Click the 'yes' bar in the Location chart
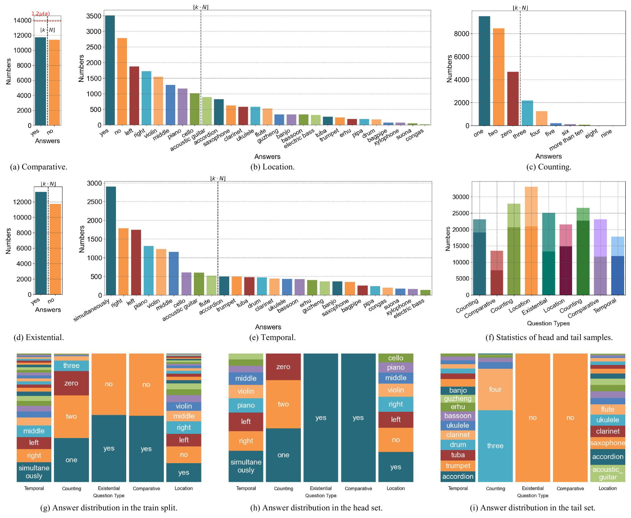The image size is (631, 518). tap(110, 70)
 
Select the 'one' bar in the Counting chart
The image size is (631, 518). tap(484, 71)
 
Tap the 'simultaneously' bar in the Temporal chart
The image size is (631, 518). tap(111, 241)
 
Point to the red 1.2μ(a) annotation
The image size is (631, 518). tap(41, 14)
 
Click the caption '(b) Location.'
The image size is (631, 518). tap(272, 167)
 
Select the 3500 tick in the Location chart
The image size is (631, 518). tap(94, 16)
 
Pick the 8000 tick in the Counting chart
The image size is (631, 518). tap(461, 33)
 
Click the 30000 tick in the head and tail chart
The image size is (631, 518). tap(460, 197)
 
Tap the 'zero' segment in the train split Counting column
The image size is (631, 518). tap(71, 383)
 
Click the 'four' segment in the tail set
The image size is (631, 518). tap(495, 389)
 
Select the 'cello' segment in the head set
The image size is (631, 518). tap(396, 358)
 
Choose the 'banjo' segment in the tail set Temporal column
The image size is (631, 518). tap(458, 390)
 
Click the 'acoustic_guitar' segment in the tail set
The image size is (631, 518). tap(607, 473)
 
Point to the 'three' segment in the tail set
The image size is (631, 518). tap(495, 446)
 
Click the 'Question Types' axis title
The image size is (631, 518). tap(548, 323)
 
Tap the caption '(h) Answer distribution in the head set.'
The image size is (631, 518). tap(316, 508)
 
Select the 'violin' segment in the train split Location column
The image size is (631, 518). tap(184, 406)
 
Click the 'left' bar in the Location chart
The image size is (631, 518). tap(134, 96)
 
